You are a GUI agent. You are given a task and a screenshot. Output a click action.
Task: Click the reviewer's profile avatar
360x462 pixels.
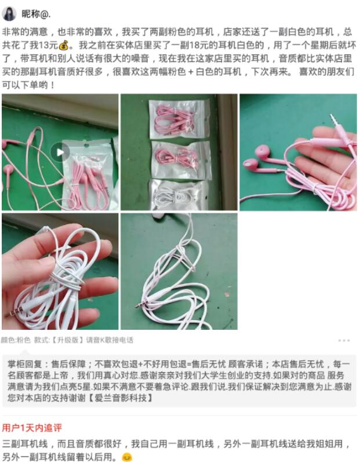9,13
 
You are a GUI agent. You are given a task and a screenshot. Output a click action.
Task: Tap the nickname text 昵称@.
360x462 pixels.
36,13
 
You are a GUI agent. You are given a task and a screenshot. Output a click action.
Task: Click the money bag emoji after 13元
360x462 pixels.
64,45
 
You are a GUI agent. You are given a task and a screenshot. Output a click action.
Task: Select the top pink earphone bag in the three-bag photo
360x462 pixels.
179,118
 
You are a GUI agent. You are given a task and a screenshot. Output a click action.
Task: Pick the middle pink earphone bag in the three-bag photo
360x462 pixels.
181,159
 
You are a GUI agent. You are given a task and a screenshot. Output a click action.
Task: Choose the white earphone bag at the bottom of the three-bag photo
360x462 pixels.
179,195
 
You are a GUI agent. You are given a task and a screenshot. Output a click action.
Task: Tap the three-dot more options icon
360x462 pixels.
344,340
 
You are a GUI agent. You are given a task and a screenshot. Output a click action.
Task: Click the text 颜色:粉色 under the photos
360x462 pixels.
16,340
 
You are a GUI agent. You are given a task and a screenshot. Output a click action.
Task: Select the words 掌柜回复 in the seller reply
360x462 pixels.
25,364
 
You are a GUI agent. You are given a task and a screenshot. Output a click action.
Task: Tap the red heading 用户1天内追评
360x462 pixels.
32,428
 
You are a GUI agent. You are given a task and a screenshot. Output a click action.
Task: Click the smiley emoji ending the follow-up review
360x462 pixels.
127,457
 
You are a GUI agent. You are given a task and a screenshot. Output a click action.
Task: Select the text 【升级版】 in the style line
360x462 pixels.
68,340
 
